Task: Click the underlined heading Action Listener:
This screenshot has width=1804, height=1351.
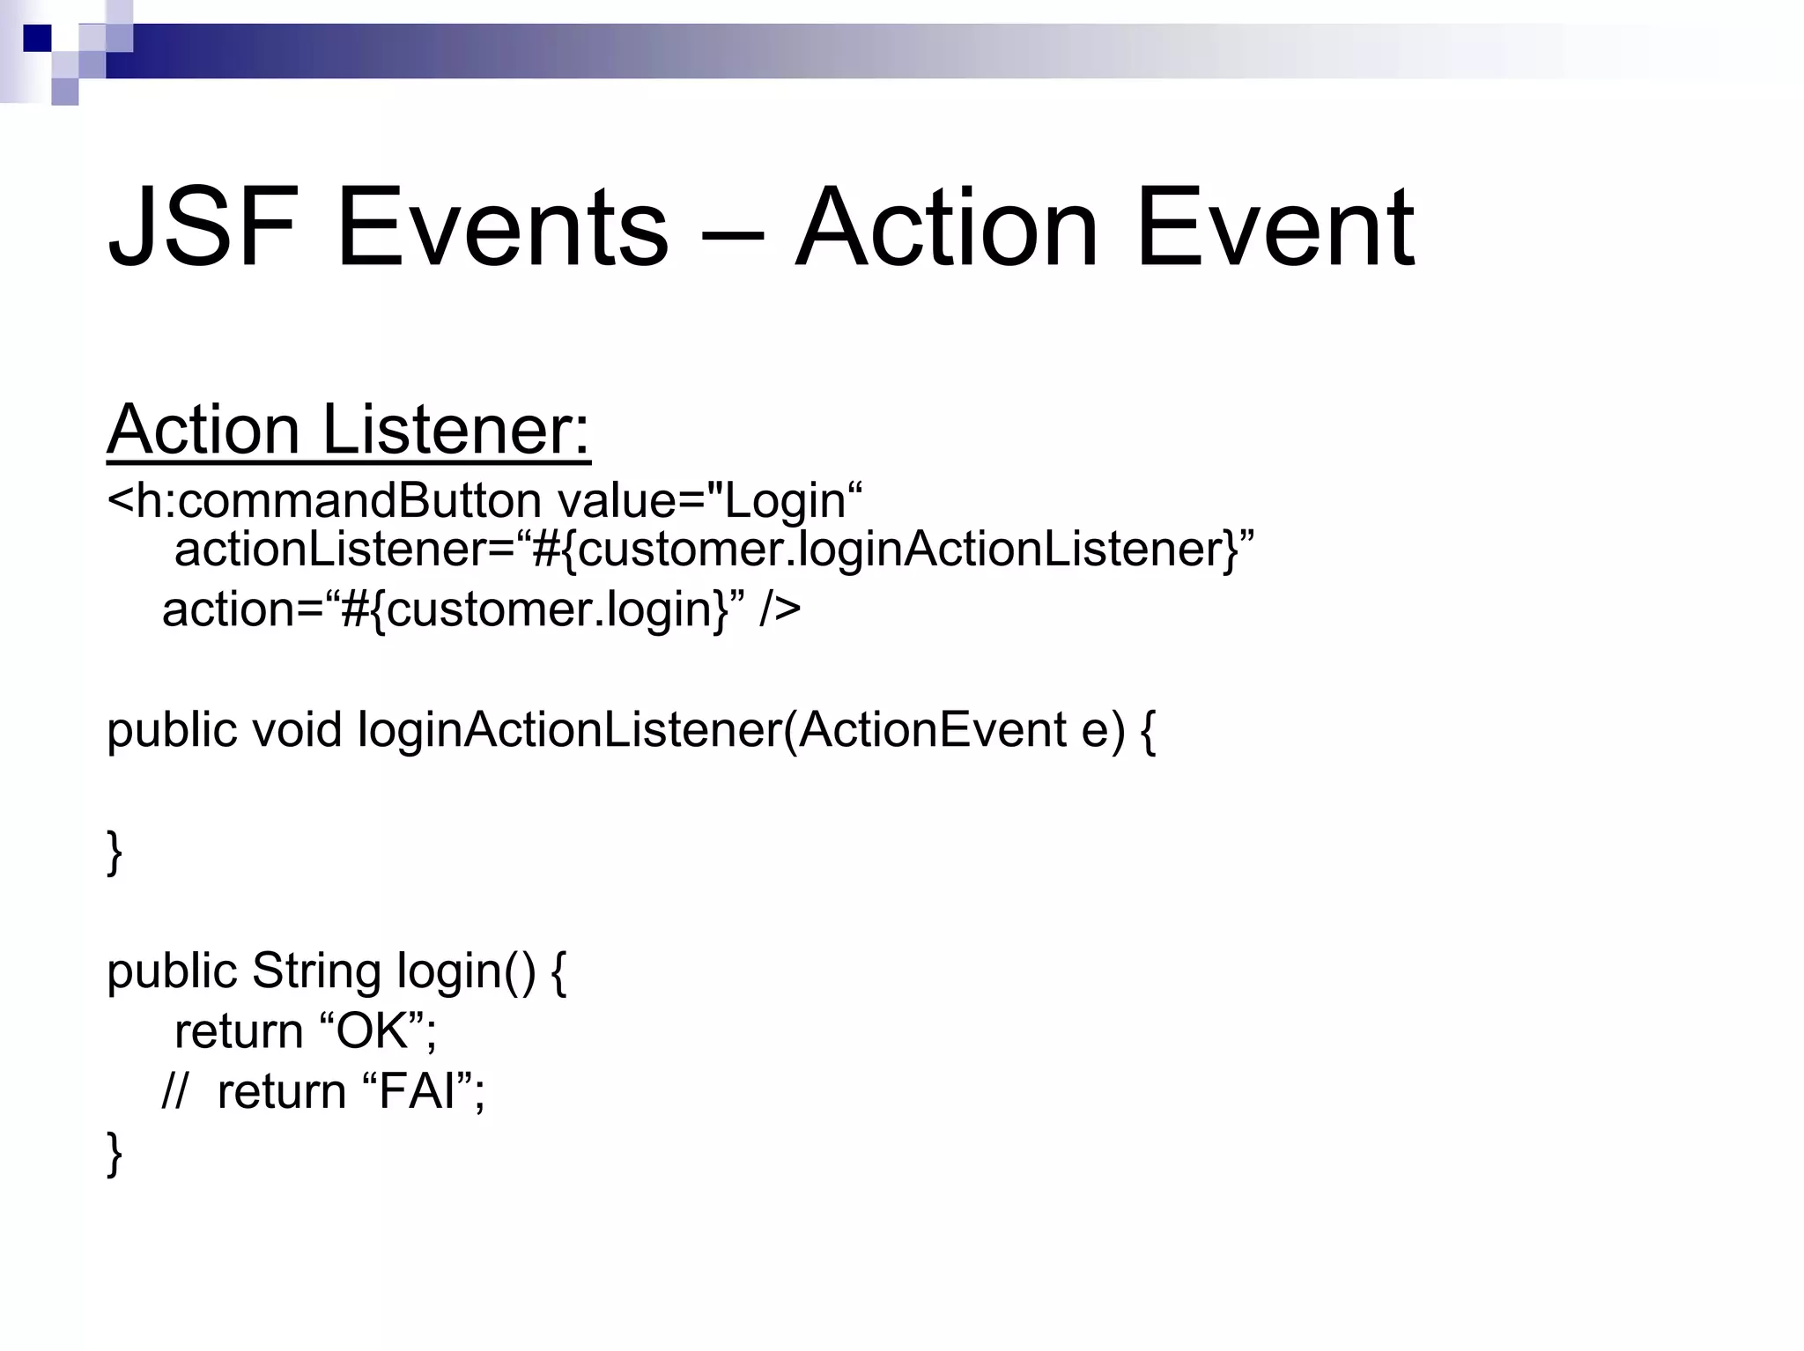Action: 349,430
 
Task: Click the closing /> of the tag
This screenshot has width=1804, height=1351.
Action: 780,609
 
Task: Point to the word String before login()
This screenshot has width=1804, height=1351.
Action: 316,971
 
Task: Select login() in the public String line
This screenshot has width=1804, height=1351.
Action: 466,971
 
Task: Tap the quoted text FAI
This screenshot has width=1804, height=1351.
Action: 418,1092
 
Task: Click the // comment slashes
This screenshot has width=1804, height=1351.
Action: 174,1092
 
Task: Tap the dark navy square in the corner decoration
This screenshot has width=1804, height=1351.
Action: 37,38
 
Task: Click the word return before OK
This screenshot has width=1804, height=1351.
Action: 238,1031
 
